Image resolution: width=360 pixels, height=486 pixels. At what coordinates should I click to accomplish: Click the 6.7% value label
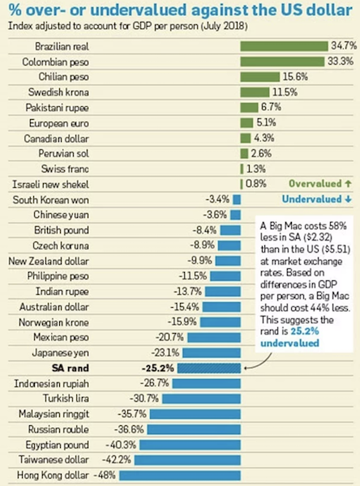[271, 107]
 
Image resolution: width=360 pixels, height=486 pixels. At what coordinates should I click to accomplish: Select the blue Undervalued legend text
[314, 199]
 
